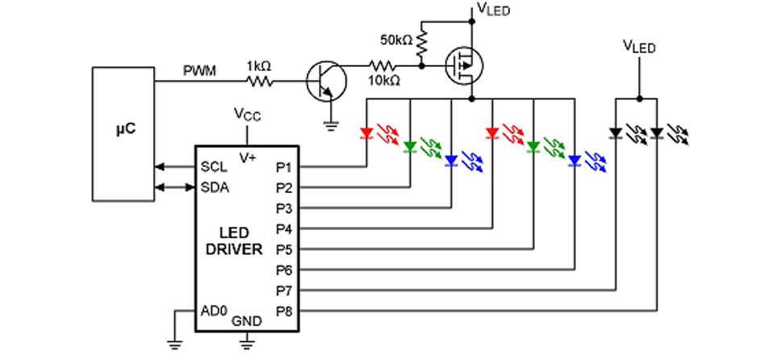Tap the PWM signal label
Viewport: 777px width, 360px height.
click(x=198, y=72)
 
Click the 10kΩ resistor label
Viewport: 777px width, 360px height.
click(x=384, y=82)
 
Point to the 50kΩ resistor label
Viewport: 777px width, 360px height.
click(x=396, y=39)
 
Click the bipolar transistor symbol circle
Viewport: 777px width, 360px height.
click(x=326, y=82)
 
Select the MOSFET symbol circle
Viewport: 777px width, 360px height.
click(x=464, y=61)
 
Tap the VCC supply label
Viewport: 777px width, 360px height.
click(x=247, y=115)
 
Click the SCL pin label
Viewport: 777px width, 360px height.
click(x=215, y=168)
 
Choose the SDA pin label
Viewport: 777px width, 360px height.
click(x=215, y=187)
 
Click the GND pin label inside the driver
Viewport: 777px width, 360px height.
click(x=247, y=321)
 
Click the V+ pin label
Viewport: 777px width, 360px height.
click(x=247, y=157)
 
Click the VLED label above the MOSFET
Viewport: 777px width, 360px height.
click(x=494, y=10)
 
